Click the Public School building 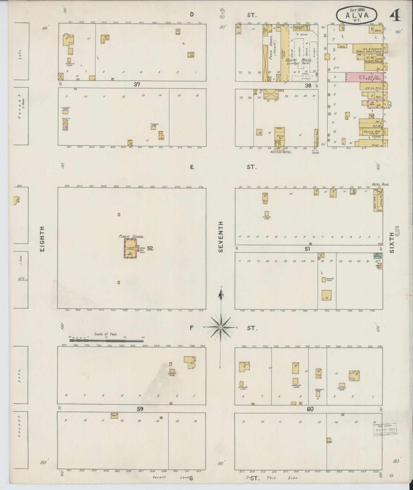pos(131,249)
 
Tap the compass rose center pos(221,327)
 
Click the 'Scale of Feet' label pos(106,334)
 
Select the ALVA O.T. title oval pos(357,15)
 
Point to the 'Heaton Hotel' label pos(281,152)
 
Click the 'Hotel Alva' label pos(380,184)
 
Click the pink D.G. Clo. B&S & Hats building pos(364,77)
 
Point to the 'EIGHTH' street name pos(42,238)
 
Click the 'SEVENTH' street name pos(221,237)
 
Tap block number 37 pos(137,85)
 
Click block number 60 pos(310,409)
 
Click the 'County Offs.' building pos(370,132)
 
